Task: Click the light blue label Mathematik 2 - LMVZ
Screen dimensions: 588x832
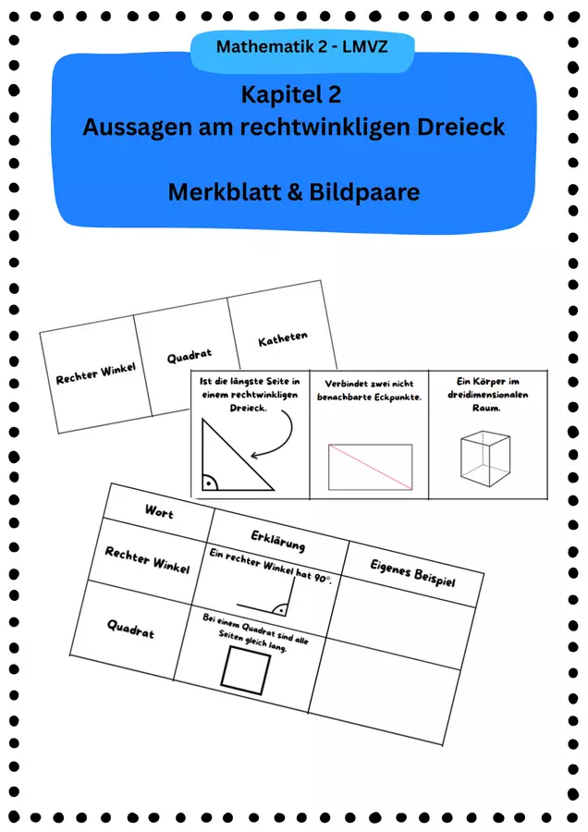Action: click(302, 47)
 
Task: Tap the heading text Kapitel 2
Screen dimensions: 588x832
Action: click(291, 95)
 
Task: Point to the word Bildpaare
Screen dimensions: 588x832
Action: click(364, 191)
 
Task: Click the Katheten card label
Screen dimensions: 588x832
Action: click(283, 338)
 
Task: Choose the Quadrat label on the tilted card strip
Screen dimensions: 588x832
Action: click(190, 356)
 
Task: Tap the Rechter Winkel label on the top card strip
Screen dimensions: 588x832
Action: click(95, 373)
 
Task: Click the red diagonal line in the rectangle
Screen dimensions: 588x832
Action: click(371, 467)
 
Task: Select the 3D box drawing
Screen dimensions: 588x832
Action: click(485, 459)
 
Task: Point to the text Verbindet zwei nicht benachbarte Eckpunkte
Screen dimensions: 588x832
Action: click(370, 390)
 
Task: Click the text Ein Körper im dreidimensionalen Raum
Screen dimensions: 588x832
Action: click(488, 394)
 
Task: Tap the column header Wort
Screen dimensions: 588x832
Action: click(159, 511)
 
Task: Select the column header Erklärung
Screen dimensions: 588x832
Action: click(278, 541)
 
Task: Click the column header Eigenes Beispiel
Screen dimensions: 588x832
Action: click(412, 573)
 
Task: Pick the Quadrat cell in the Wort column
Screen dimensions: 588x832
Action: click(130, 629)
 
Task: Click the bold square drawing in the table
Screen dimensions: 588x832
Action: click(246, 670)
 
